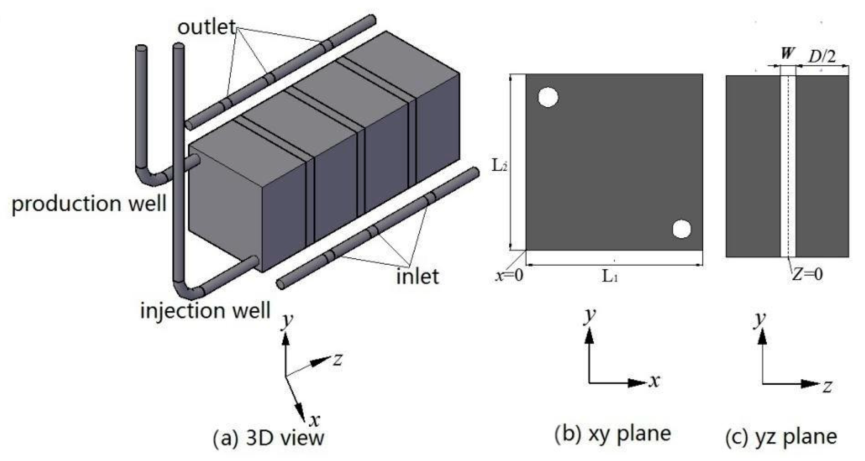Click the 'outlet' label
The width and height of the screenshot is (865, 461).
click(206, 27)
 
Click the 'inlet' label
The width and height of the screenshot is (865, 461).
click(417, 276)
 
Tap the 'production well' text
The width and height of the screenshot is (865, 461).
click(89, 204)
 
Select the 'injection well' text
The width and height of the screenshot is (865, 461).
click(205, 310)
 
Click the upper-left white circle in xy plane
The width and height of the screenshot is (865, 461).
click(548, 97)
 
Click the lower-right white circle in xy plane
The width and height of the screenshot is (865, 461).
click(682, 229)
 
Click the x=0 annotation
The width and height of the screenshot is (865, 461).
click(509, 275)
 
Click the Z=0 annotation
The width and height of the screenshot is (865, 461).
click(807, 274)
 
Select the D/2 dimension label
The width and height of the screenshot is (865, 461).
click(822, 57)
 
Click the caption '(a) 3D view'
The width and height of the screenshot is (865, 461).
click(268, 438)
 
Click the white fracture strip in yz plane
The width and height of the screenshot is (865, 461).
click(788, 165)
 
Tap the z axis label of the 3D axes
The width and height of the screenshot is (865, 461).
click(338, 359)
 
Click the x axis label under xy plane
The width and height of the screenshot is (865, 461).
click(654, 381)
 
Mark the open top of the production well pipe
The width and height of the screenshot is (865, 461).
click(141, 48)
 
